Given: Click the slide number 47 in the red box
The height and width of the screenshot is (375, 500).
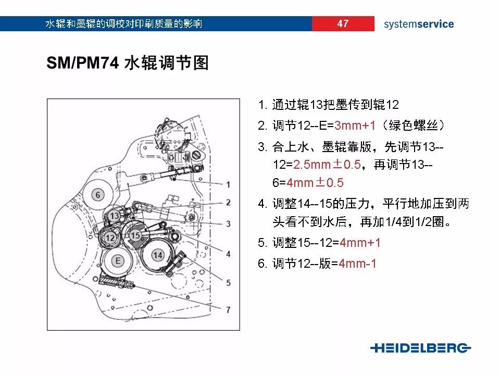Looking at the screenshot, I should click(343, 23).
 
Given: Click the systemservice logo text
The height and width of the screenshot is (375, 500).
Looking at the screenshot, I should click(419, 24).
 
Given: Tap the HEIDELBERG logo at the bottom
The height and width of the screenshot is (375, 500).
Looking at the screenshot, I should click(420, 348).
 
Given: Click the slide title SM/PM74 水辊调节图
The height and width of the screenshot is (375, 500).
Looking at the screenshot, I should click(128, 63).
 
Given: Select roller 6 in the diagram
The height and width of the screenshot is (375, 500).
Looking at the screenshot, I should click(96, 194).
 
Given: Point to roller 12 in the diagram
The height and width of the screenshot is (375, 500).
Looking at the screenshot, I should click(109, 238).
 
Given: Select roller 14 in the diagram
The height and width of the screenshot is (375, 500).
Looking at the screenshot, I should click(158, 254).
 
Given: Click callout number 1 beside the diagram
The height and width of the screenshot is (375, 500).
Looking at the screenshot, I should click(228, 184).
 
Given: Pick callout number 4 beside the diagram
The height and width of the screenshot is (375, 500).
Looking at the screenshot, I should click(228, 254).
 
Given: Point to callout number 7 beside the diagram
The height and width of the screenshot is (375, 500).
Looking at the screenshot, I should click(228, 309).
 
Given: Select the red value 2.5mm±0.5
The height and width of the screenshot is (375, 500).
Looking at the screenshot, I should click(327, 165).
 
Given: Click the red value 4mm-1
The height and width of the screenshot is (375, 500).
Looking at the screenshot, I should click(357, 264).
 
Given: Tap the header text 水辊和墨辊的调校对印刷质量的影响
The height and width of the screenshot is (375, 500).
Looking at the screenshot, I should click(124, 24).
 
